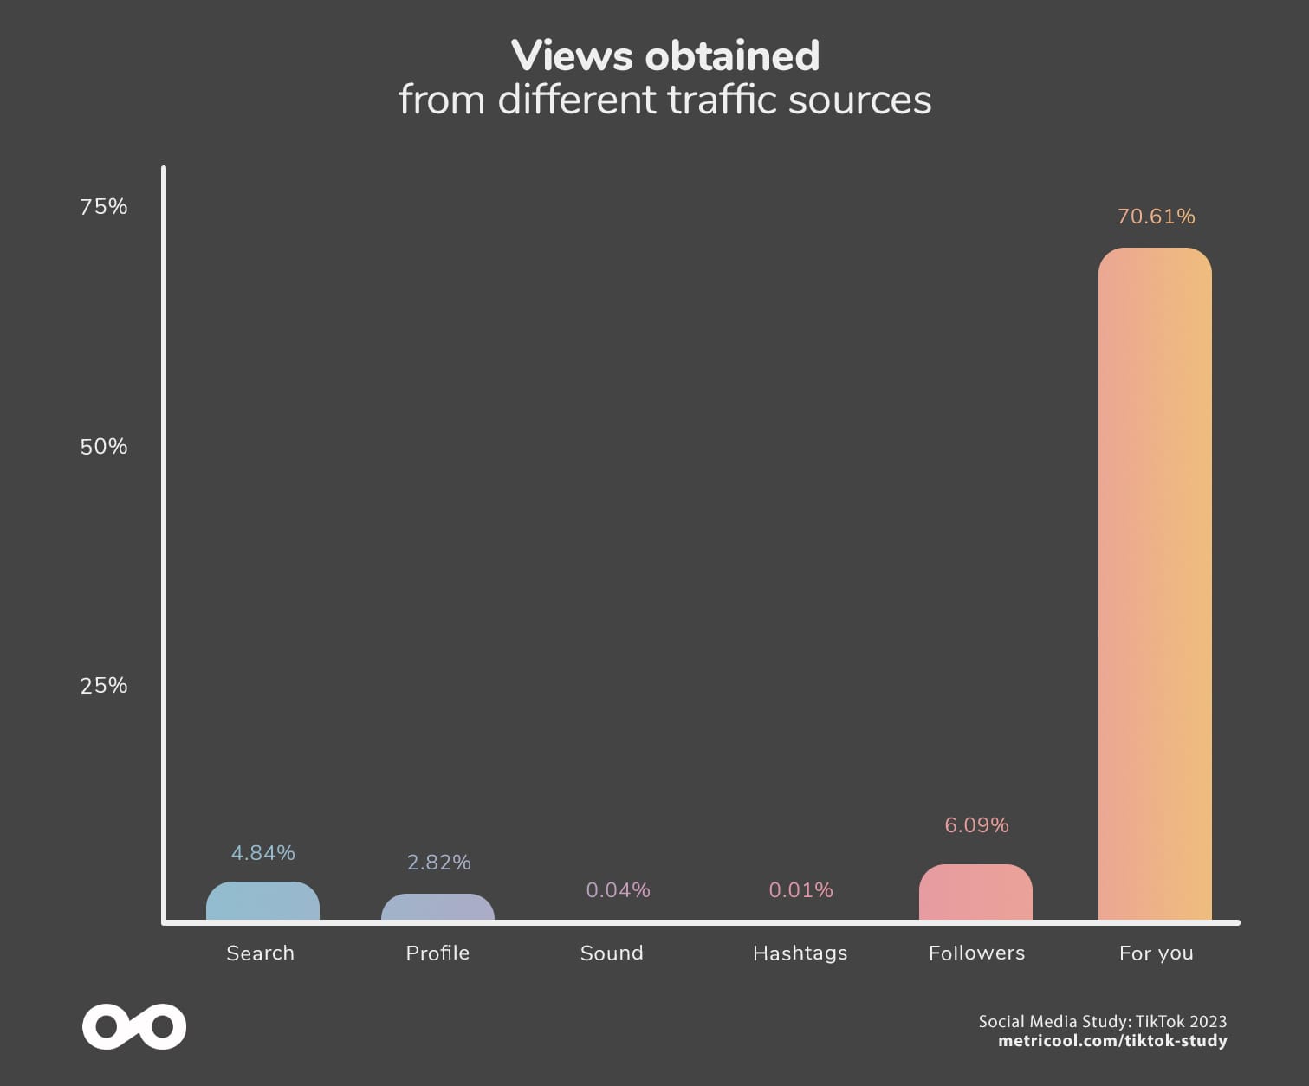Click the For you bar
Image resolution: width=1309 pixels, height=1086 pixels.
[x=1155, y=585]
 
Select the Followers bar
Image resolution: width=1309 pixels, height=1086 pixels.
[x=975, y=893]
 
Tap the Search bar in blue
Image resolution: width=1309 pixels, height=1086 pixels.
[x=262, y=902]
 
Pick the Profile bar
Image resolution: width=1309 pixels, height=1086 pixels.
[x=437, y=908]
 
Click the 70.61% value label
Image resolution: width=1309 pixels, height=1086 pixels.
[x=1156, y=217]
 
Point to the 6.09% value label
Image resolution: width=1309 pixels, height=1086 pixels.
[x=976, y=825]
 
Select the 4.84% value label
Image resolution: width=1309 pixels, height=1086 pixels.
[x=262, y=853]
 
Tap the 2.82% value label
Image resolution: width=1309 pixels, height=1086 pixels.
[x=438, y=863]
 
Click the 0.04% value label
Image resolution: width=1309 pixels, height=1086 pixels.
[x=618, y=890]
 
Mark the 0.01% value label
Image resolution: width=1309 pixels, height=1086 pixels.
[x=800, y=890]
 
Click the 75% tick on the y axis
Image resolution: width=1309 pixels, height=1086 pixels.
[x=104, y=206]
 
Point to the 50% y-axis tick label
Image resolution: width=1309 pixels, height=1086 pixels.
[x=104, y=446]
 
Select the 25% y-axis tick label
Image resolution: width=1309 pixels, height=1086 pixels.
[x=104, y=685]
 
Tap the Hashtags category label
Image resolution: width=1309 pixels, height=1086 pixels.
[x=800, y=953]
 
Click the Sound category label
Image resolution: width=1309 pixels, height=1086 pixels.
[x=612, y=953]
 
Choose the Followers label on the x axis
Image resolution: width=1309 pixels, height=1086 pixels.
[x=976, y=953]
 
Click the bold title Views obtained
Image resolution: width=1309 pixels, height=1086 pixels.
[x=664, y=56]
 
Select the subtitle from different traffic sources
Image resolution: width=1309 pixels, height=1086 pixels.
[x=664, y=100]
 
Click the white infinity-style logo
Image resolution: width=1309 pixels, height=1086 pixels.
[x=134, y=1027]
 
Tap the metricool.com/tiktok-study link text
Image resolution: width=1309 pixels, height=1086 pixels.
[x=1111, y=1041]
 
